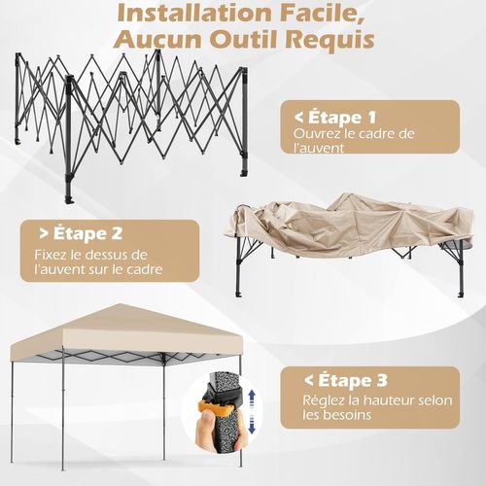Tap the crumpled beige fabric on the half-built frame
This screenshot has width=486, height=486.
[330, 219]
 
